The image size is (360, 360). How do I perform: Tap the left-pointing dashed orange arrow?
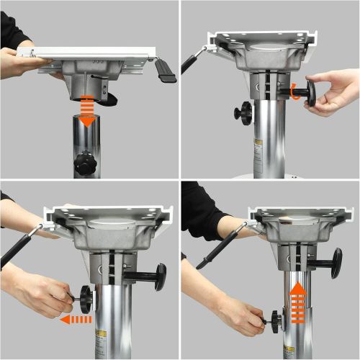(76, 318)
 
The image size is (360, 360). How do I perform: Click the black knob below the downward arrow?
(86, 163)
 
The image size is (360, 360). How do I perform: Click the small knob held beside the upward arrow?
(276, 317)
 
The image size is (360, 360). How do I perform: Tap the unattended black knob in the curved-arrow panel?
(243, 112)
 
